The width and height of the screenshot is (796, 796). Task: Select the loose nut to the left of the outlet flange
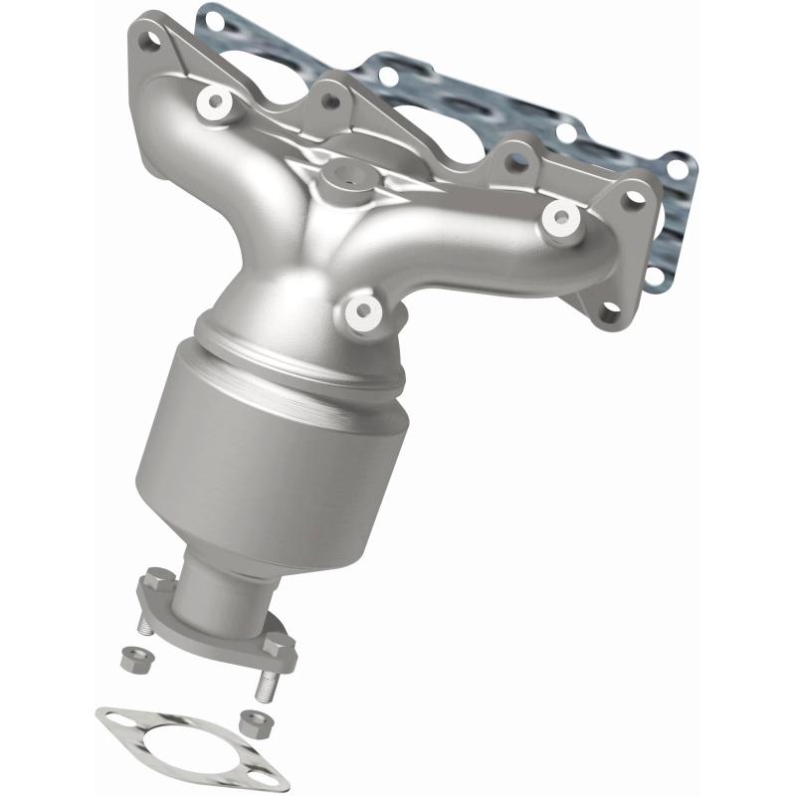coord(130,658)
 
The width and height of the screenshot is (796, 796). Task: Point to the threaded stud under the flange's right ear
coord(267,685)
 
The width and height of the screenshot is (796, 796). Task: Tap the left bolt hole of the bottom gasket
coord(112,717)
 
